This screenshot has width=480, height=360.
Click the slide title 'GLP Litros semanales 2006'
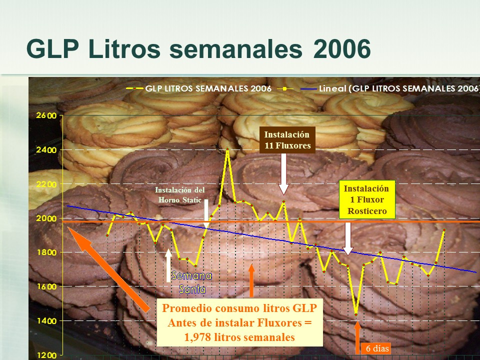(198, 49)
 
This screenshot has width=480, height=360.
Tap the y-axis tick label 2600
(48, 115)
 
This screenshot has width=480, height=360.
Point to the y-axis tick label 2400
(48, 150)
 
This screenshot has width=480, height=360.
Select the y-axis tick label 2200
(48, 184)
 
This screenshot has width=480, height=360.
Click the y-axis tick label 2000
(48, 218)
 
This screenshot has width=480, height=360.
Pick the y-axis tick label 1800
(48, 252)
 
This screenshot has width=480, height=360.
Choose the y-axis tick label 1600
(48, 286)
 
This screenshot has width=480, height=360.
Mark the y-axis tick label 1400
(48, 320)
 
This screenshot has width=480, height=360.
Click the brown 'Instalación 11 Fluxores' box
(287, 140)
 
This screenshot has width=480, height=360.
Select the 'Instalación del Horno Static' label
(179, 195)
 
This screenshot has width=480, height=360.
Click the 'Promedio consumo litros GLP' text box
(239, 322)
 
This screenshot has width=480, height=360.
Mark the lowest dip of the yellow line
(356, 313)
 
